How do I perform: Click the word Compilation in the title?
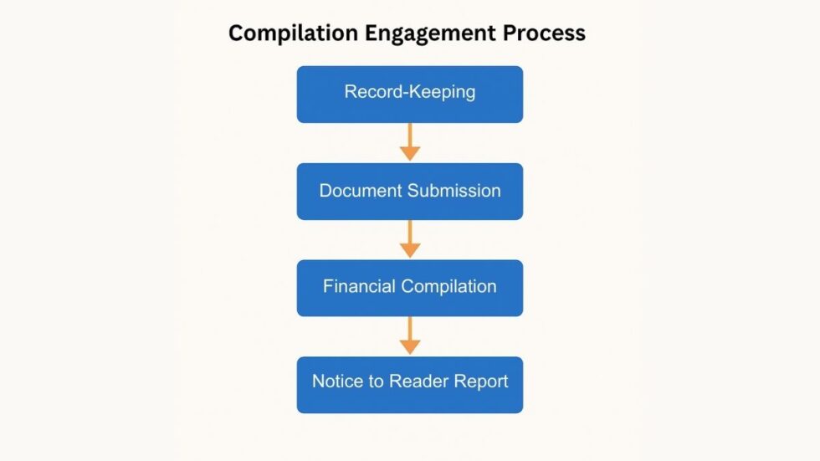[x=294, y=33]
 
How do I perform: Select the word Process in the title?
[x=544, y=33]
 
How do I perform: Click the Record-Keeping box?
[x=410, y=95]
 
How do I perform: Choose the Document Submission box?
[x=410, y=192]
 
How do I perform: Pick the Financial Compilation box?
[x=410, y=288]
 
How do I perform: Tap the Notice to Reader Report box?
[x=410, y=385]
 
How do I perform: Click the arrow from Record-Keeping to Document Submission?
[x=410, y=142]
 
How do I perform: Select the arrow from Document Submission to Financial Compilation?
[x=410, y=238]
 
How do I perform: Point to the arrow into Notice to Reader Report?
[x=410, y=336]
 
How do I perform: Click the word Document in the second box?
[x=361, y=191]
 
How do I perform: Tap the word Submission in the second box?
[x=454, y=191]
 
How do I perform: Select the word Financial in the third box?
[x=360, y=286]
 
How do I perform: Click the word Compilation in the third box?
[x=449, y=287]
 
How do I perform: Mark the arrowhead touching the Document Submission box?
[x=410, y=154]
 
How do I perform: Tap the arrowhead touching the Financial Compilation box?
[x=410, y=251]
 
